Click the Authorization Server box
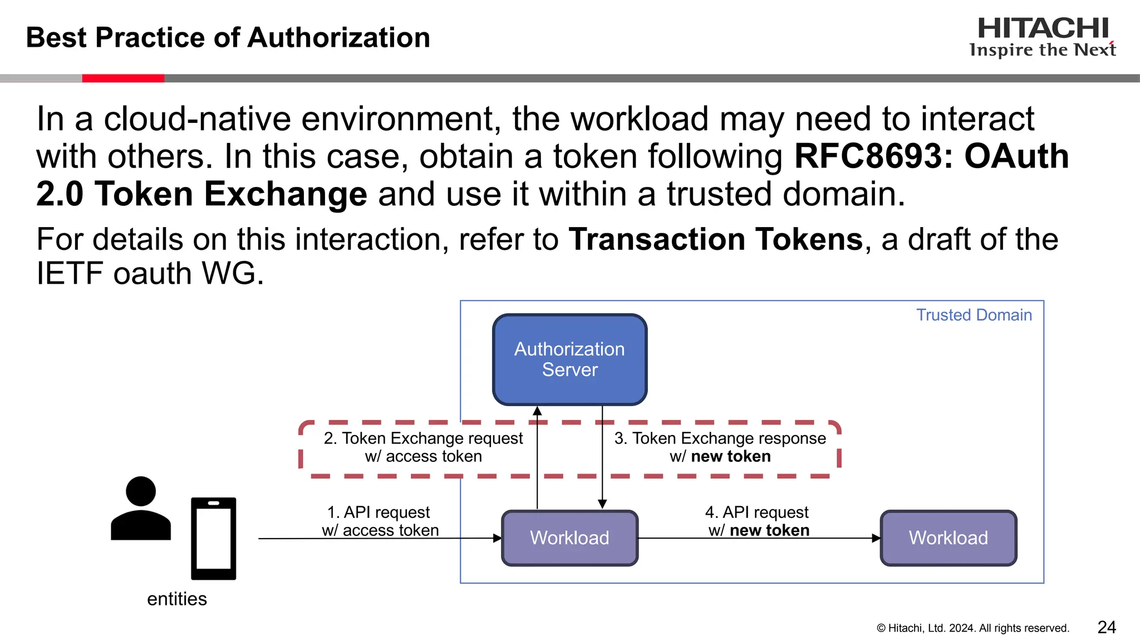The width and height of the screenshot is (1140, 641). click(569, 359)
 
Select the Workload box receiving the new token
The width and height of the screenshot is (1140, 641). click(948, 538)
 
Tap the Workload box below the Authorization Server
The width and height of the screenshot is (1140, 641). click(569, 538)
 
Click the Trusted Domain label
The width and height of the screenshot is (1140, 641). click(974, 315)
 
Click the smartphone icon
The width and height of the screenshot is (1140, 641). click(213, 539)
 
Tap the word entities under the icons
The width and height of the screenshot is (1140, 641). click(177, 599)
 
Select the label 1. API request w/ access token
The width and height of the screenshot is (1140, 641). click(380, 521)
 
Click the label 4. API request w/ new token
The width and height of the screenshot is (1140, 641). click(758, 521)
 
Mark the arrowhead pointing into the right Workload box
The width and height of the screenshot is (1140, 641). click(876, 538)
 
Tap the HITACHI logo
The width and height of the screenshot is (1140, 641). click(1043, 37)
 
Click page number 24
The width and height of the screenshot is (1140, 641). click(1107, 627)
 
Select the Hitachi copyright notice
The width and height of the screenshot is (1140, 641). click(972, 628)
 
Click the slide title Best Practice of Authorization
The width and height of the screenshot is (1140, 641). click(228, 38)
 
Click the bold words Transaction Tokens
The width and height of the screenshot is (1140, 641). click(715, 240)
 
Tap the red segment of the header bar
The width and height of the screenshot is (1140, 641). click(123, 78)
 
